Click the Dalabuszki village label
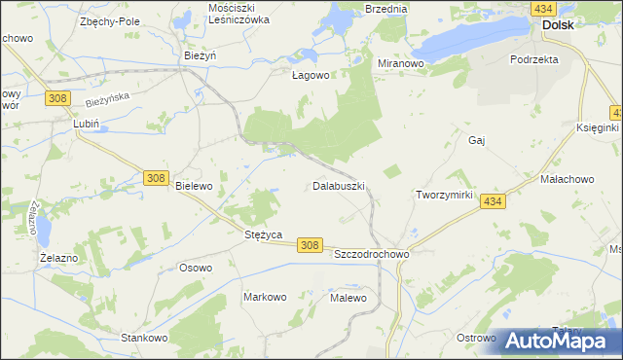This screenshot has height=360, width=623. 338,184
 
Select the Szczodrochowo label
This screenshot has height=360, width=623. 371,253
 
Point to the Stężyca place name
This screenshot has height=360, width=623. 262,234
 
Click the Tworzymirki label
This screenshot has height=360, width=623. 444,195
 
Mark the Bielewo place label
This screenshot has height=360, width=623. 193,185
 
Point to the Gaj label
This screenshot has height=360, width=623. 476,140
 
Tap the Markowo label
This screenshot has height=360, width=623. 264,296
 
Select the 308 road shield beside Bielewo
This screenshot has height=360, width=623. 155,177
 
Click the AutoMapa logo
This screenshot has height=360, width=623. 558,341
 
